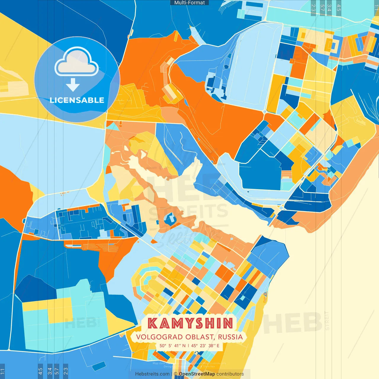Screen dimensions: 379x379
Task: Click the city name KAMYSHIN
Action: tap(190, 323)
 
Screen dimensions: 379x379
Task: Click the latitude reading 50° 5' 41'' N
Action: tap(173, 346)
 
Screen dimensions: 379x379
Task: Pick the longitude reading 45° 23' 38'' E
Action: tap(205, 346)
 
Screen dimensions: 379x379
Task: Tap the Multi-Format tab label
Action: tap(189, 3)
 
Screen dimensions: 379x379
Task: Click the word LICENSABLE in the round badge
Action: tap(77, 100)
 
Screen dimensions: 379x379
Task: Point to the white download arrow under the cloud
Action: tap(73, 85)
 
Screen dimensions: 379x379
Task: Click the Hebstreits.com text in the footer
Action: tap(152, 374)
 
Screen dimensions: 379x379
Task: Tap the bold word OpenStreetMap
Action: tap(197, 374)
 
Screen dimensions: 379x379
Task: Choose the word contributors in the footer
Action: tap(230, 374)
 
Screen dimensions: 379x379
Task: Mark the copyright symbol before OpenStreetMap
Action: tap(176, 374)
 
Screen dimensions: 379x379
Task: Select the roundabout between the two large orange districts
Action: tap(264, 111)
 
